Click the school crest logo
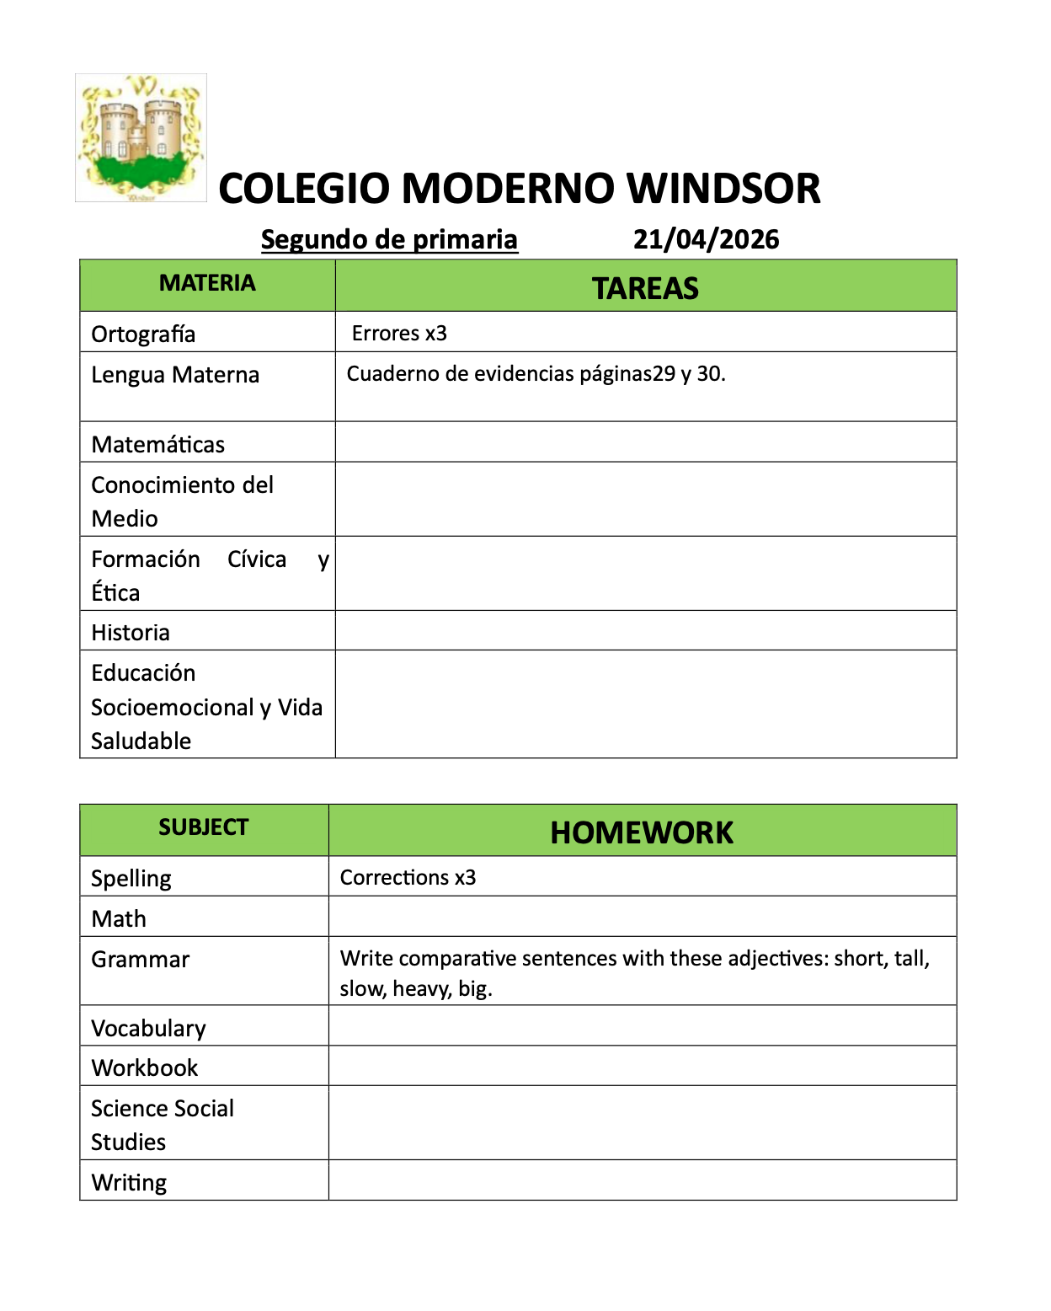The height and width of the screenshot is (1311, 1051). click(141, 137)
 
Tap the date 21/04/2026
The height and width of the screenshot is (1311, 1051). click(706, 239)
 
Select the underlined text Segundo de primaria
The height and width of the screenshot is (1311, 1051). click(389, 239)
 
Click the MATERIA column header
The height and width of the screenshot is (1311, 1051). click(207, 283)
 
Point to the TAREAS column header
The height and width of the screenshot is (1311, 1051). click(645, 288)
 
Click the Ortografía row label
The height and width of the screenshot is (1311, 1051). click(143, 334)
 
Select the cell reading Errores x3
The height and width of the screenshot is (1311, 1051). click(399, 333)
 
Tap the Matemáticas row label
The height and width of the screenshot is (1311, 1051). click(158, 444)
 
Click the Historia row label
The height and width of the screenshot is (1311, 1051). click(131, 632)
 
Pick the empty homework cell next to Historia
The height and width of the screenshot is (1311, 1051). click(645, 630)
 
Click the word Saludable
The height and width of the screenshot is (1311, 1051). click(141, 741)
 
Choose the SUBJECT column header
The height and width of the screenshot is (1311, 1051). click(204, 827)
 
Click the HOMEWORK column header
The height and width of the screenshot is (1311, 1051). click(642, 832)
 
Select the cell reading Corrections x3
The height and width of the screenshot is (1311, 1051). click(408, 877)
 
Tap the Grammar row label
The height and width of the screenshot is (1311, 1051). click(141, 959)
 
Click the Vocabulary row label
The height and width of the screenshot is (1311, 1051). click(149, 1028)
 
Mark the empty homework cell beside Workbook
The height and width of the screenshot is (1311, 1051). click(642, 1066)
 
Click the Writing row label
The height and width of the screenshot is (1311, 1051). click(129, 1182)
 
